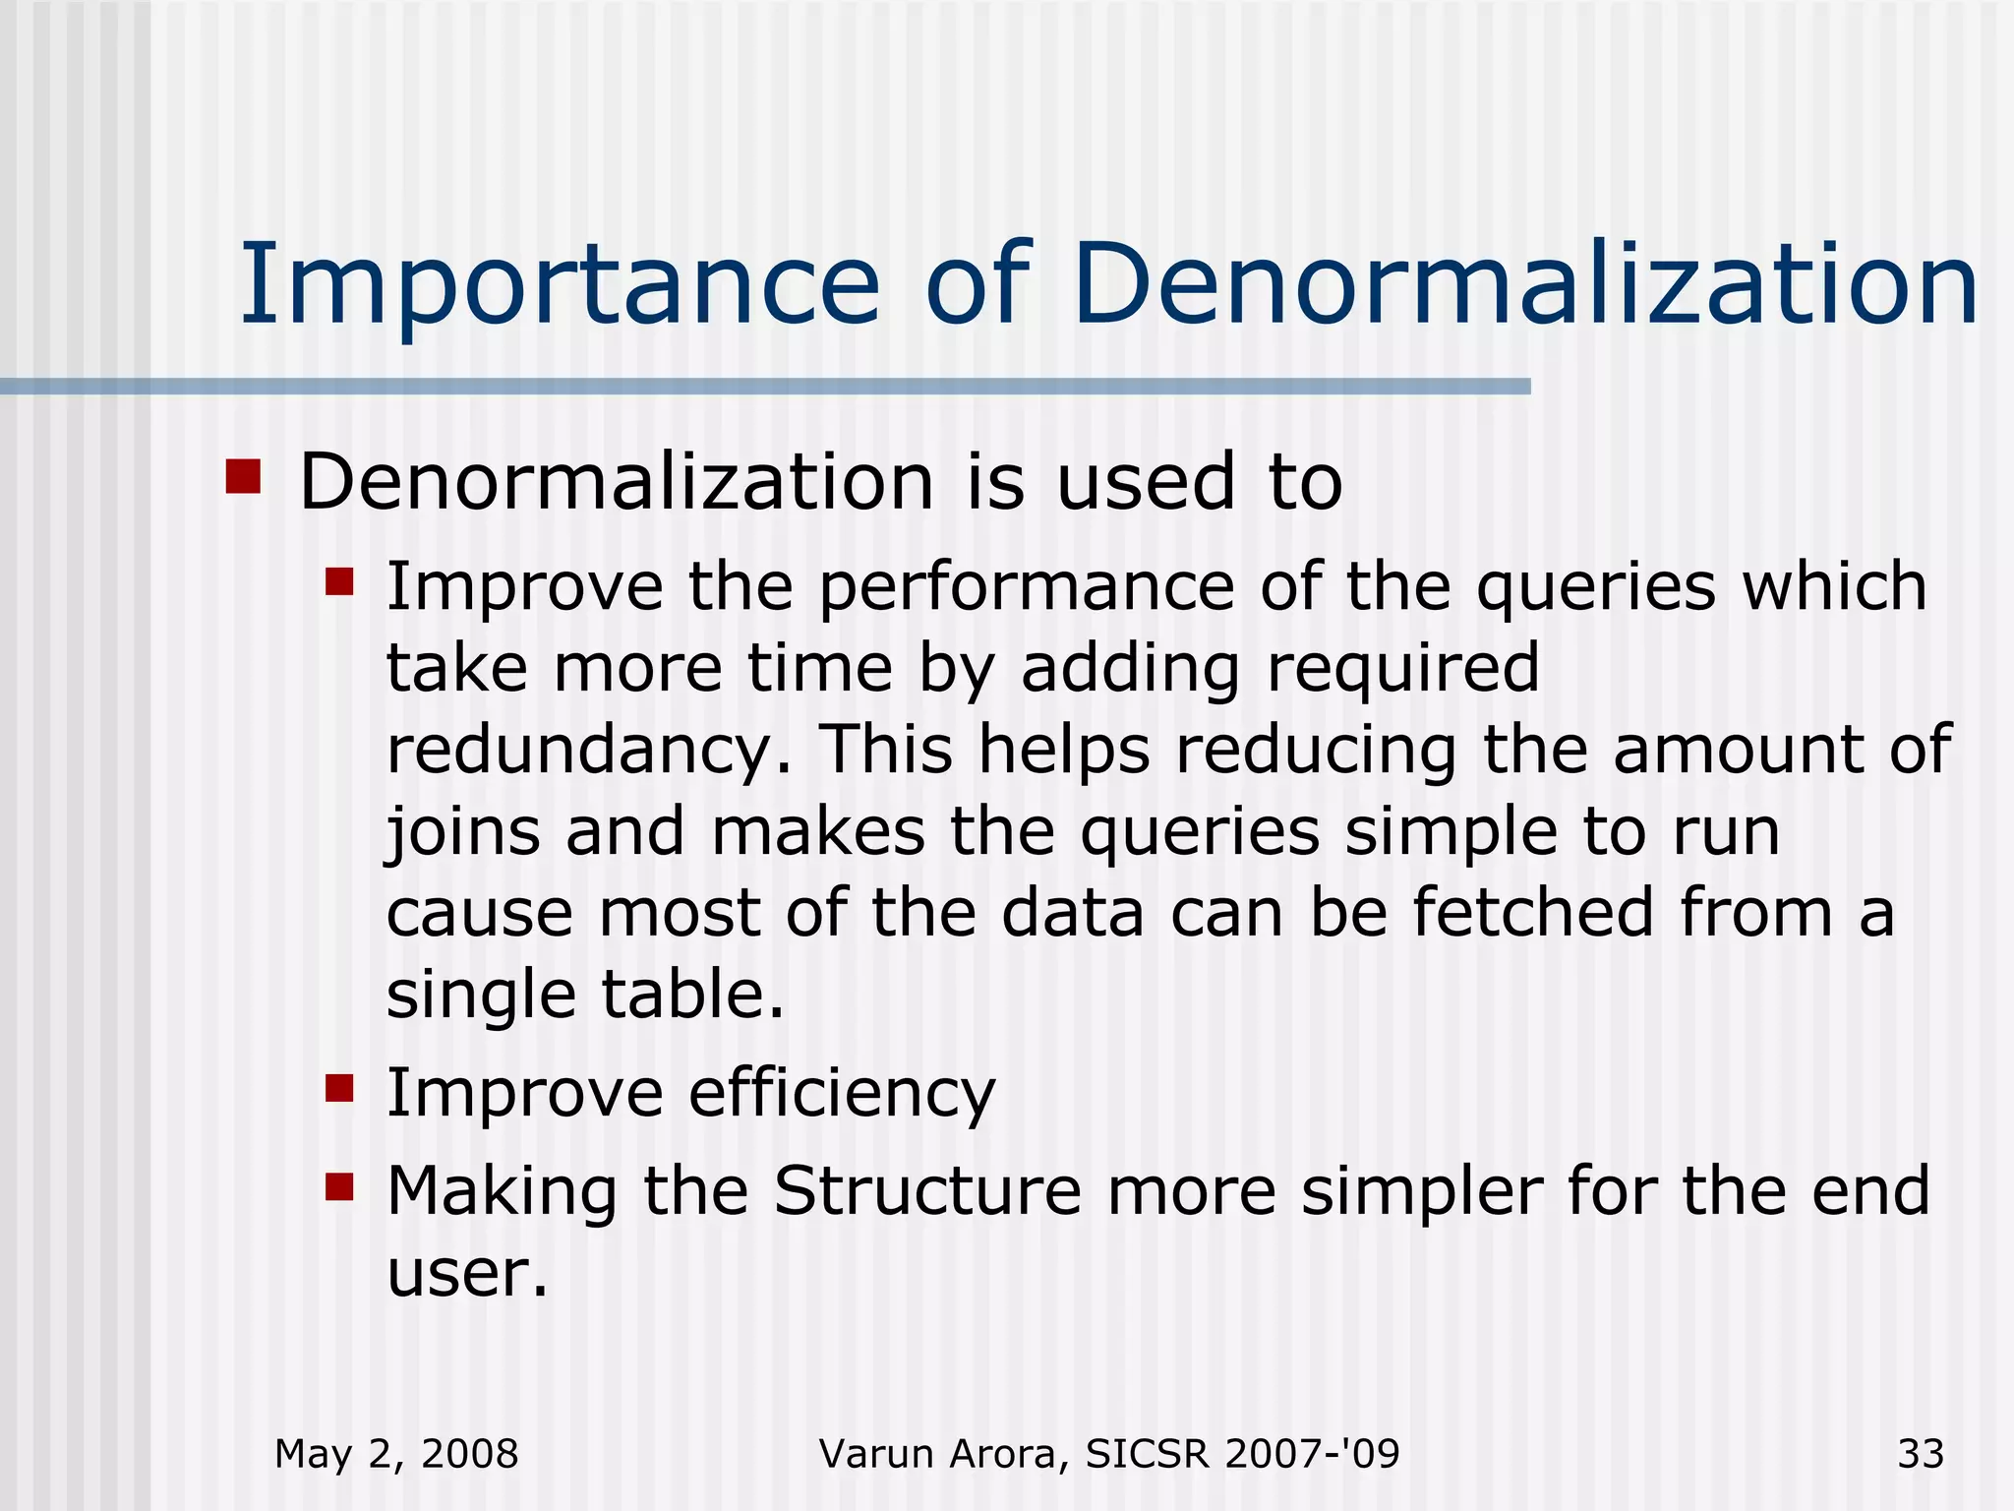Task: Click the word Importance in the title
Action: tap(560, 286)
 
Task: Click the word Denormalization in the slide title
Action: tap(1525, 284)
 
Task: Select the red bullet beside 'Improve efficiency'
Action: tap(339, 1089)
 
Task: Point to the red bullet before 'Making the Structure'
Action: tap(339, 1186)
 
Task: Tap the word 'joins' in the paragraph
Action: tap(462, 833)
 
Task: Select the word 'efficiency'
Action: tap(842, 1095)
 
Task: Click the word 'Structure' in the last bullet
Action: tap(927, 1191)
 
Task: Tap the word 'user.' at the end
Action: tap(467, 1275)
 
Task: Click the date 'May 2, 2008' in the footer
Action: tap(396, 1454)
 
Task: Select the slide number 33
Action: tap(1921, 1454)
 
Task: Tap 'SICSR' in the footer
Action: tap(1145, 1454)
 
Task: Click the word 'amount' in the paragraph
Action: tap(1738, 751)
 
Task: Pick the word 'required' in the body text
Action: tap(1402, 669)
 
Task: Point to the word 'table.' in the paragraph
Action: tap(693, 995)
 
